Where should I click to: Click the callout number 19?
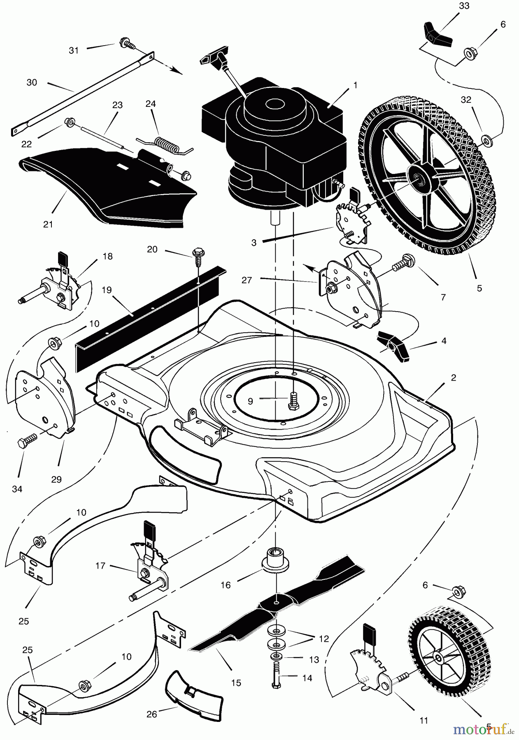point(107,290)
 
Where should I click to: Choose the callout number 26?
point(152,714)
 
